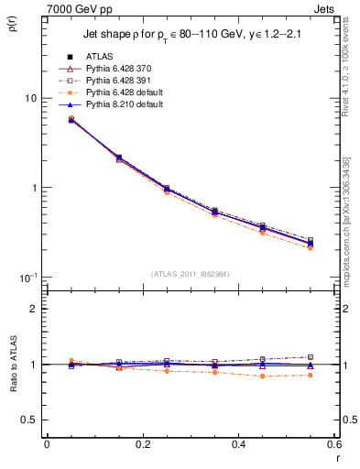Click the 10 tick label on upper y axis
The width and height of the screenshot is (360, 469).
29,98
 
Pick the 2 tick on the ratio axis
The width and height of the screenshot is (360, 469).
33,309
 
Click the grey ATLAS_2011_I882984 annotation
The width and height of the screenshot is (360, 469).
190,274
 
